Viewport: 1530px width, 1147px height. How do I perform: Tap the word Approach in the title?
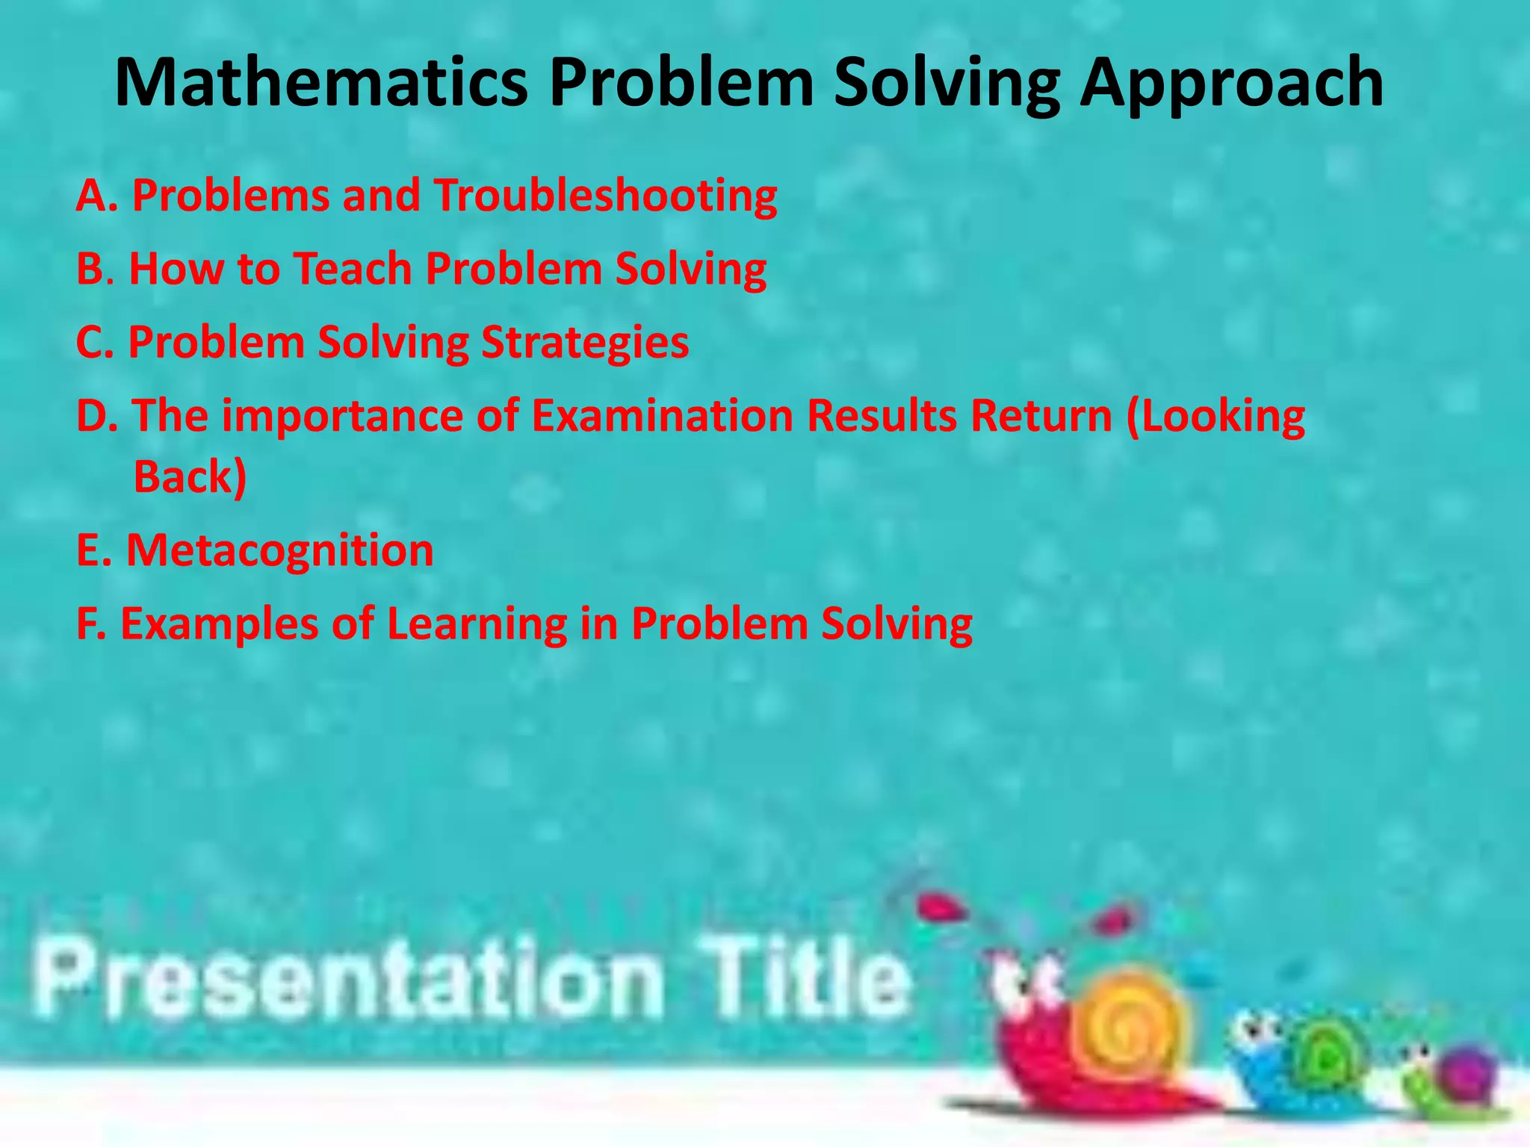point(1232,84)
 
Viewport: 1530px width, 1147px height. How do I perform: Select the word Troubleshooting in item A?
point(605,196)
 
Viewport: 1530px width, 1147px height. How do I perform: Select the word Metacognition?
point(279,550)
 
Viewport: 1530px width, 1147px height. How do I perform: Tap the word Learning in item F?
point(477,624)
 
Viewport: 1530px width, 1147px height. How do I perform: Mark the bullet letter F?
point(90,624)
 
